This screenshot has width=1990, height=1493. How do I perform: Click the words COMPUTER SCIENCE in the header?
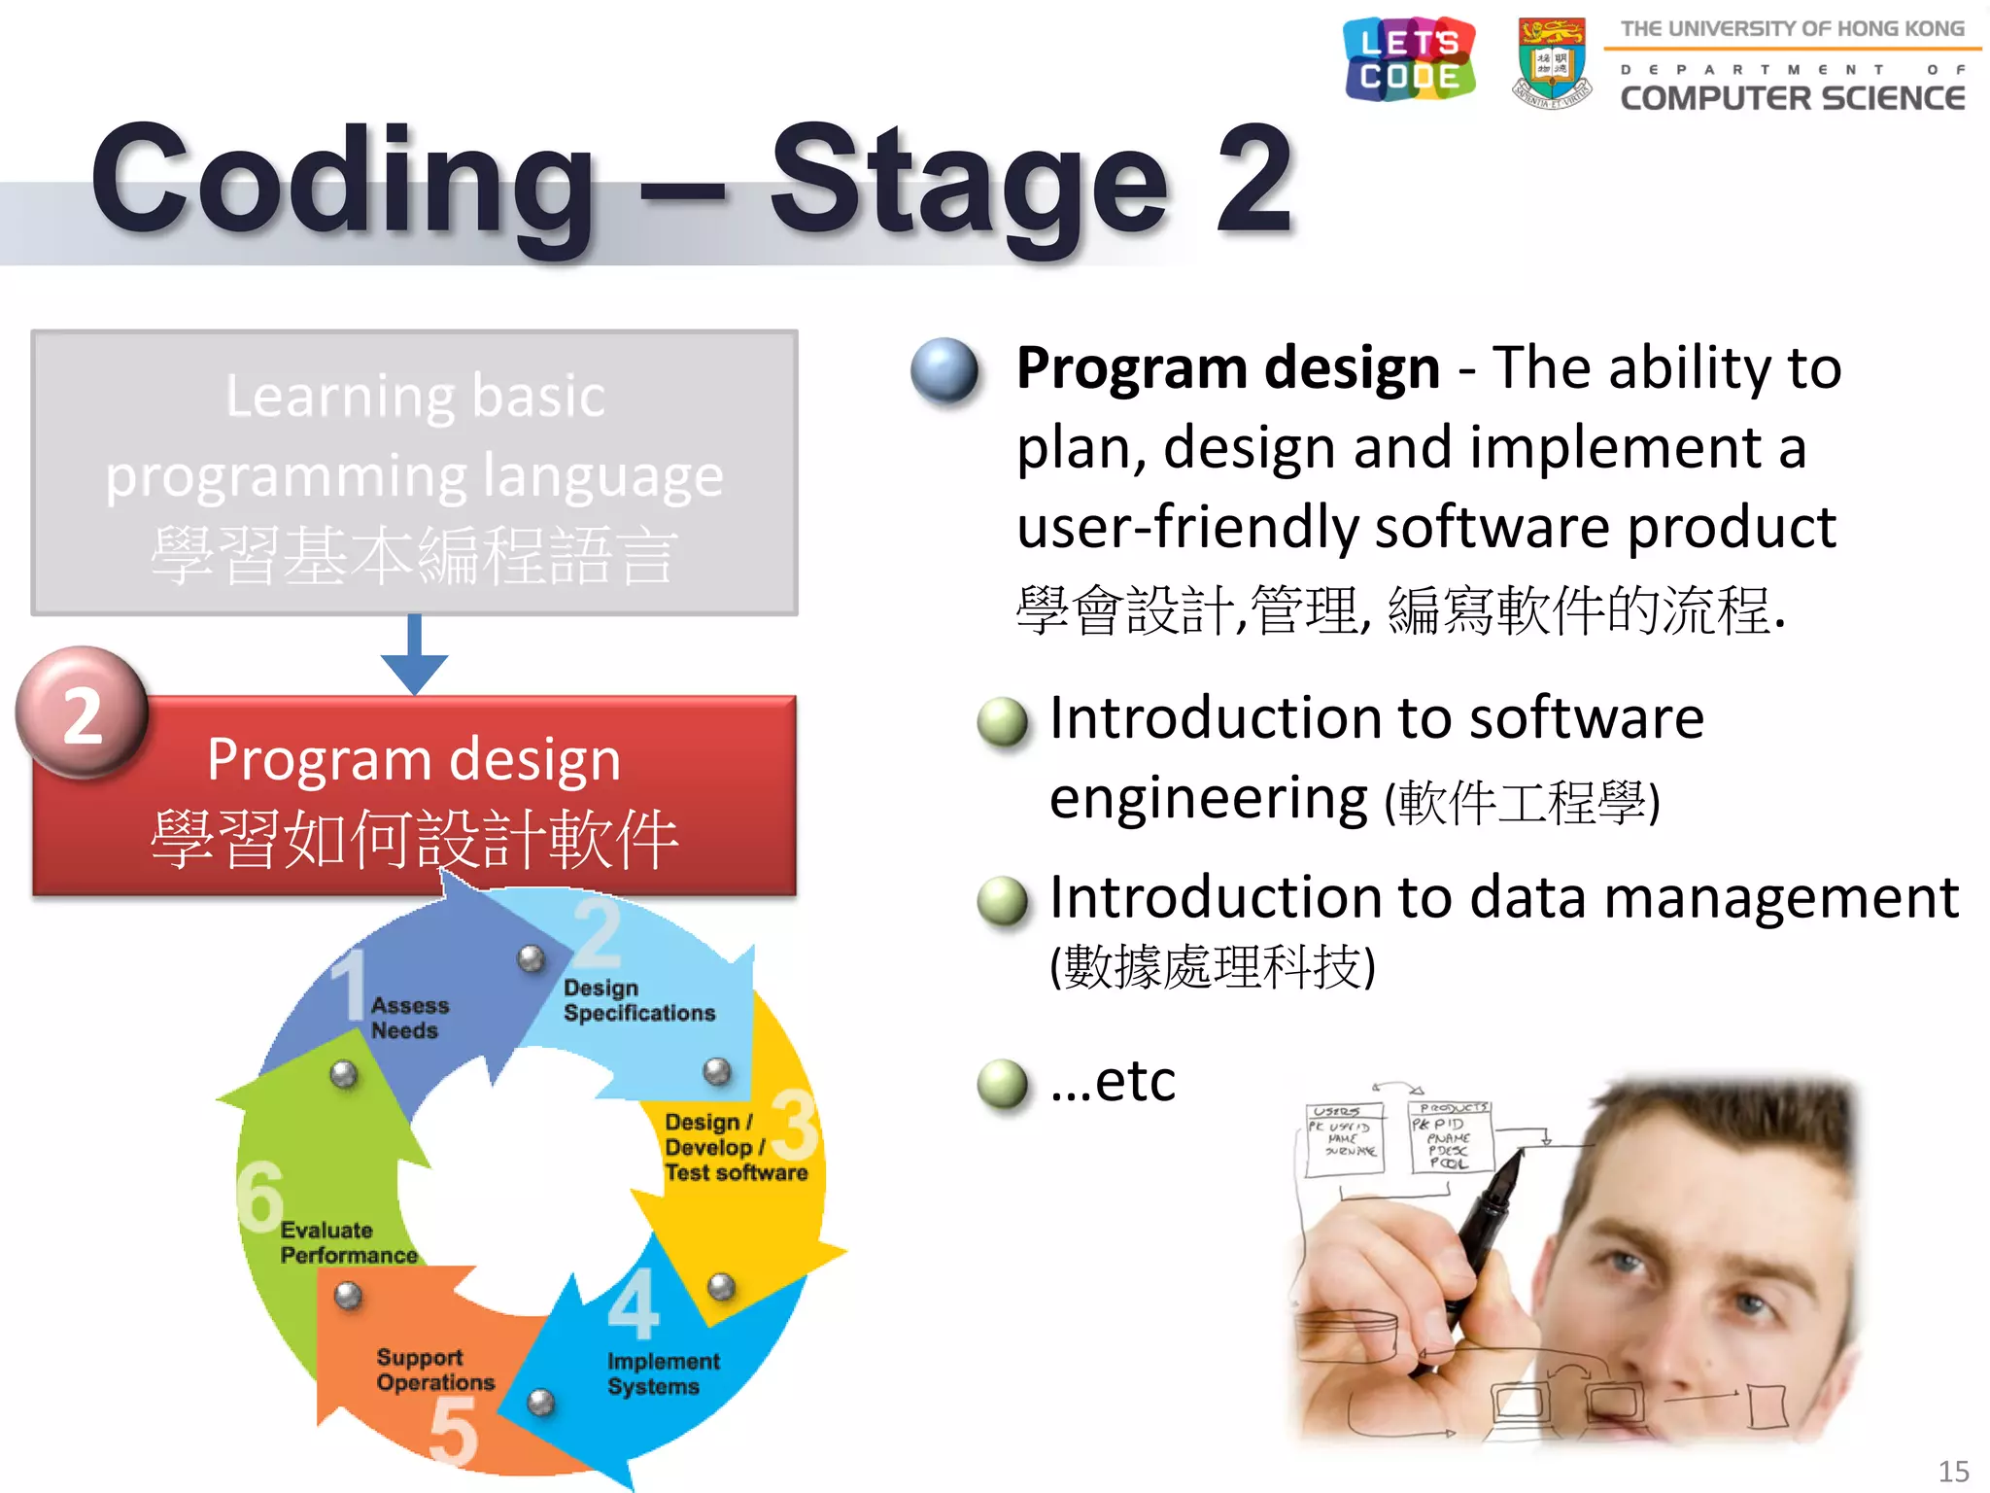pyautogui.click(x=1792, y=98)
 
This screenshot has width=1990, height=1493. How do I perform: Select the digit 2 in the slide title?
pyautogui.click(x=1253, y=180)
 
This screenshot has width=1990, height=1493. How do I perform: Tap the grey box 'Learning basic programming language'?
pyautogui.click(x=414, y=473)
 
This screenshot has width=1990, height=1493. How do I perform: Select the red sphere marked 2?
pyautogui.click(x=83, y=714)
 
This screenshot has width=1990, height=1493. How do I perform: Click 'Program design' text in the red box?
pyautogui.click(x=414, y=759)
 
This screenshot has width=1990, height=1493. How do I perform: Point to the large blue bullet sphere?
pyautogui.click(x=944, y=370)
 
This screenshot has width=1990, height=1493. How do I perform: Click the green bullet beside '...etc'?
pyautogui.click(x=1002, y=1084)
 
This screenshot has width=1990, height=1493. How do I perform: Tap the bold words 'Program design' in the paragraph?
pyautogui.click(x=1227, y=368)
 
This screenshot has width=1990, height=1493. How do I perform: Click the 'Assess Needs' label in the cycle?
pyautogui.click(x=408, y=1018)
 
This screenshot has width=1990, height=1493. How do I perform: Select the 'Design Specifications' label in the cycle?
pyautogui.click(x=638, y=1000)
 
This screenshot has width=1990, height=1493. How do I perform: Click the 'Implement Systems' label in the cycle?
pyautogui.click(x=663, y=1373)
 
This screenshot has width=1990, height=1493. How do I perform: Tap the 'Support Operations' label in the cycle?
pyautogui.click(x=434, y=1370)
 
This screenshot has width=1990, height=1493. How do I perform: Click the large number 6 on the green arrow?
pyautogui.click(x=260, y=1196)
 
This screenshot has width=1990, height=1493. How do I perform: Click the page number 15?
pyautogui.click(x=1952, y=1471)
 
